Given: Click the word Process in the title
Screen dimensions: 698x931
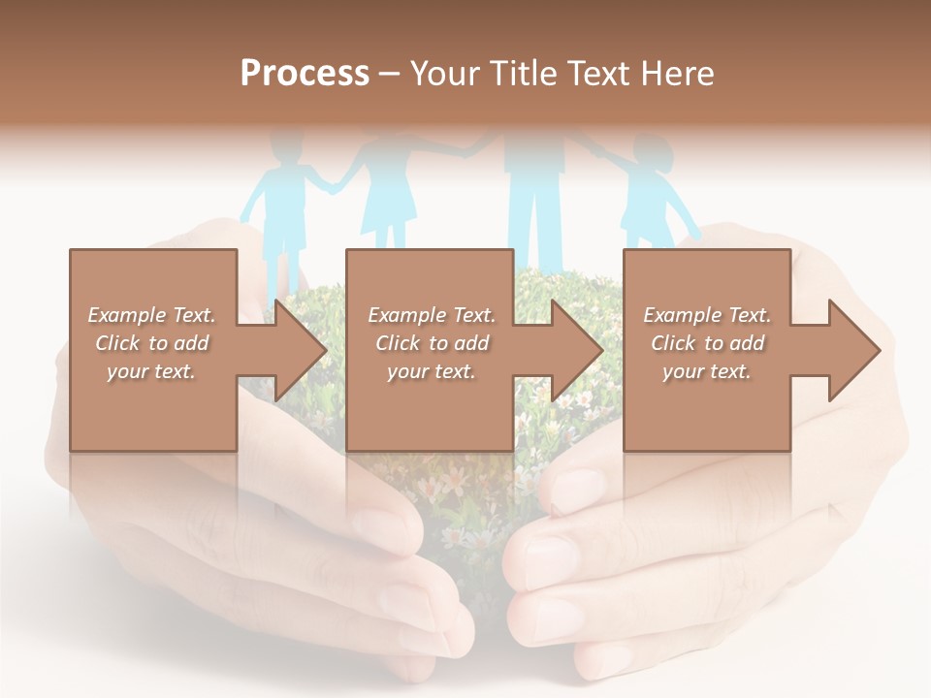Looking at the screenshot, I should tap(305, 74).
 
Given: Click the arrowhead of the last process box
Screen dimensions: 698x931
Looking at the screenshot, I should tap(853, 350).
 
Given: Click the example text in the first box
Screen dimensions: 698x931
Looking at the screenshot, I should tap(151, 343).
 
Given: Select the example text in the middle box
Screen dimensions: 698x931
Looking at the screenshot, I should tap(432, 343).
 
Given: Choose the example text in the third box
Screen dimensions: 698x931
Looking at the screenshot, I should tap(707, 343).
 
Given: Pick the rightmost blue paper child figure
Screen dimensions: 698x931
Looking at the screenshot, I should tap(649, 189).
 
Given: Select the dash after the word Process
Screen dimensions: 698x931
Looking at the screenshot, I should tap(390, 75).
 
